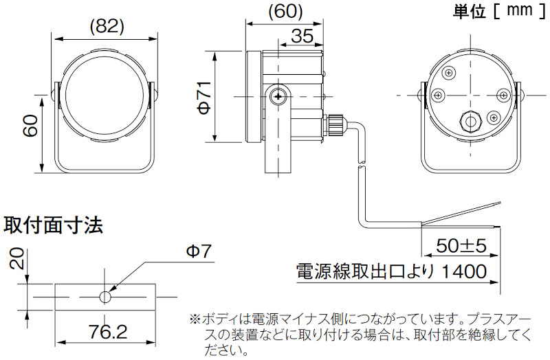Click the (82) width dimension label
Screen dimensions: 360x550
[107, 26]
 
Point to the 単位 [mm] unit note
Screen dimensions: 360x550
[494, 11]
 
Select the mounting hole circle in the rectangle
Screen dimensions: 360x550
[105, 297]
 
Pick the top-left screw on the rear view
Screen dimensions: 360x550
[450, 72]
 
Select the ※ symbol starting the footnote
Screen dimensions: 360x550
[195, 319]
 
